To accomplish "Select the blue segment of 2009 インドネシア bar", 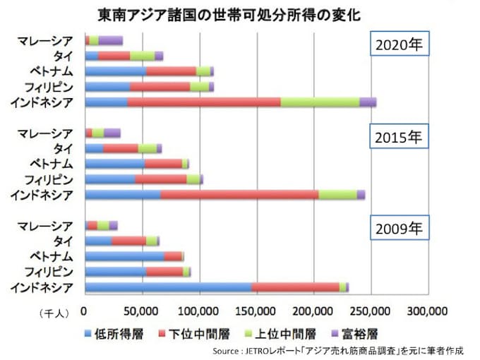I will [x=167, y=286].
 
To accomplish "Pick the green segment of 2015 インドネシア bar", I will [x=337, y=194].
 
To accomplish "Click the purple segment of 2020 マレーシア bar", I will [x=110, y=40].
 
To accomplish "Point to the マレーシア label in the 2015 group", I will [x=44, y=133].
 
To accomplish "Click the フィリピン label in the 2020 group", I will [x=48, y=87].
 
